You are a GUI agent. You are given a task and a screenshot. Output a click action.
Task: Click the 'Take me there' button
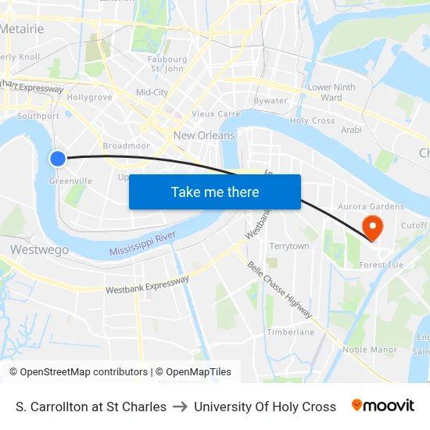[x=214, y=192]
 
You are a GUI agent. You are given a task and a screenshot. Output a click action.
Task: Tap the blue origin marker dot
[x=58, y=159]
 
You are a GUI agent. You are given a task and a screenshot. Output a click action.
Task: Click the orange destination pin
[x=373, y=228]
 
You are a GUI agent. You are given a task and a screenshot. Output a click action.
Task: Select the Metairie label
[x=23, y=29]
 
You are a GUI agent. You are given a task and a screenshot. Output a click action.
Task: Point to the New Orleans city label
[x=204, y=135]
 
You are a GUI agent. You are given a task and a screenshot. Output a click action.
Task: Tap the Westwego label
[x=39, y=249]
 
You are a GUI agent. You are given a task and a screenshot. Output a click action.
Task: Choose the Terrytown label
[x=288, y=246]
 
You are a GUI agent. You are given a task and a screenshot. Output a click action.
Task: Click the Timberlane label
[x=290, y=331]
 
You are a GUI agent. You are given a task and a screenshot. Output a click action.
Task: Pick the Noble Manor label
[x=370, y=349]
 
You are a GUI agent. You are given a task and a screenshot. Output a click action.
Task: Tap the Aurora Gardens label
[x=370, y=206]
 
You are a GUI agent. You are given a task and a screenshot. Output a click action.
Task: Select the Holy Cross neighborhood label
[x=312, y=121]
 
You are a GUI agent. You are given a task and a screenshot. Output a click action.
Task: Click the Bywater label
[x=271, y=100]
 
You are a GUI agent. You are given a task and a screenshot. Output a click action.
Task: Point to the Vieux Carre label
[x=216, y=113]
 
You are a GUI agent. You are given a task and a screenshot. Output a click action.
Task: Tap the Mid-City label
[x=152, y=92]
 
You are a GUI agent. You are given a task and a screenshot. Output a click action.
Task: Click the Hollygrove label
[x=89, y=98]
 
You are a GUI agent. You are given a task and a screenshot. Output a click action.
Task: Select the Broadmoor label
[x=126, y=146]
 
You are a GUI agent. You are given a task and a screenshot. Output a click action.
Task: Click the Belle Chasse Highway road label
[x=280, y=289]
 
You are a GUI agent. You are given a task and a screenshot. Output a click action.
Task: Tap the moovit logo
[x=382, y=406]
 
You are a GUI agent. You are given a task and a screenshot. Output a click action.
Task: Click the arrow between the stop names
[x=180, y=407]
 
